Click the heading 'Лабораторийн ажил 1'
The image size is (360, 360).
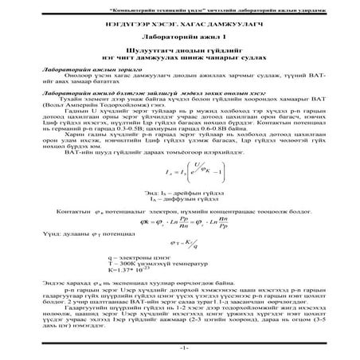tap(180, 38)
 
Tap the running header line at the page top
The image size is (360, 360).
tap(180, 6)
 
